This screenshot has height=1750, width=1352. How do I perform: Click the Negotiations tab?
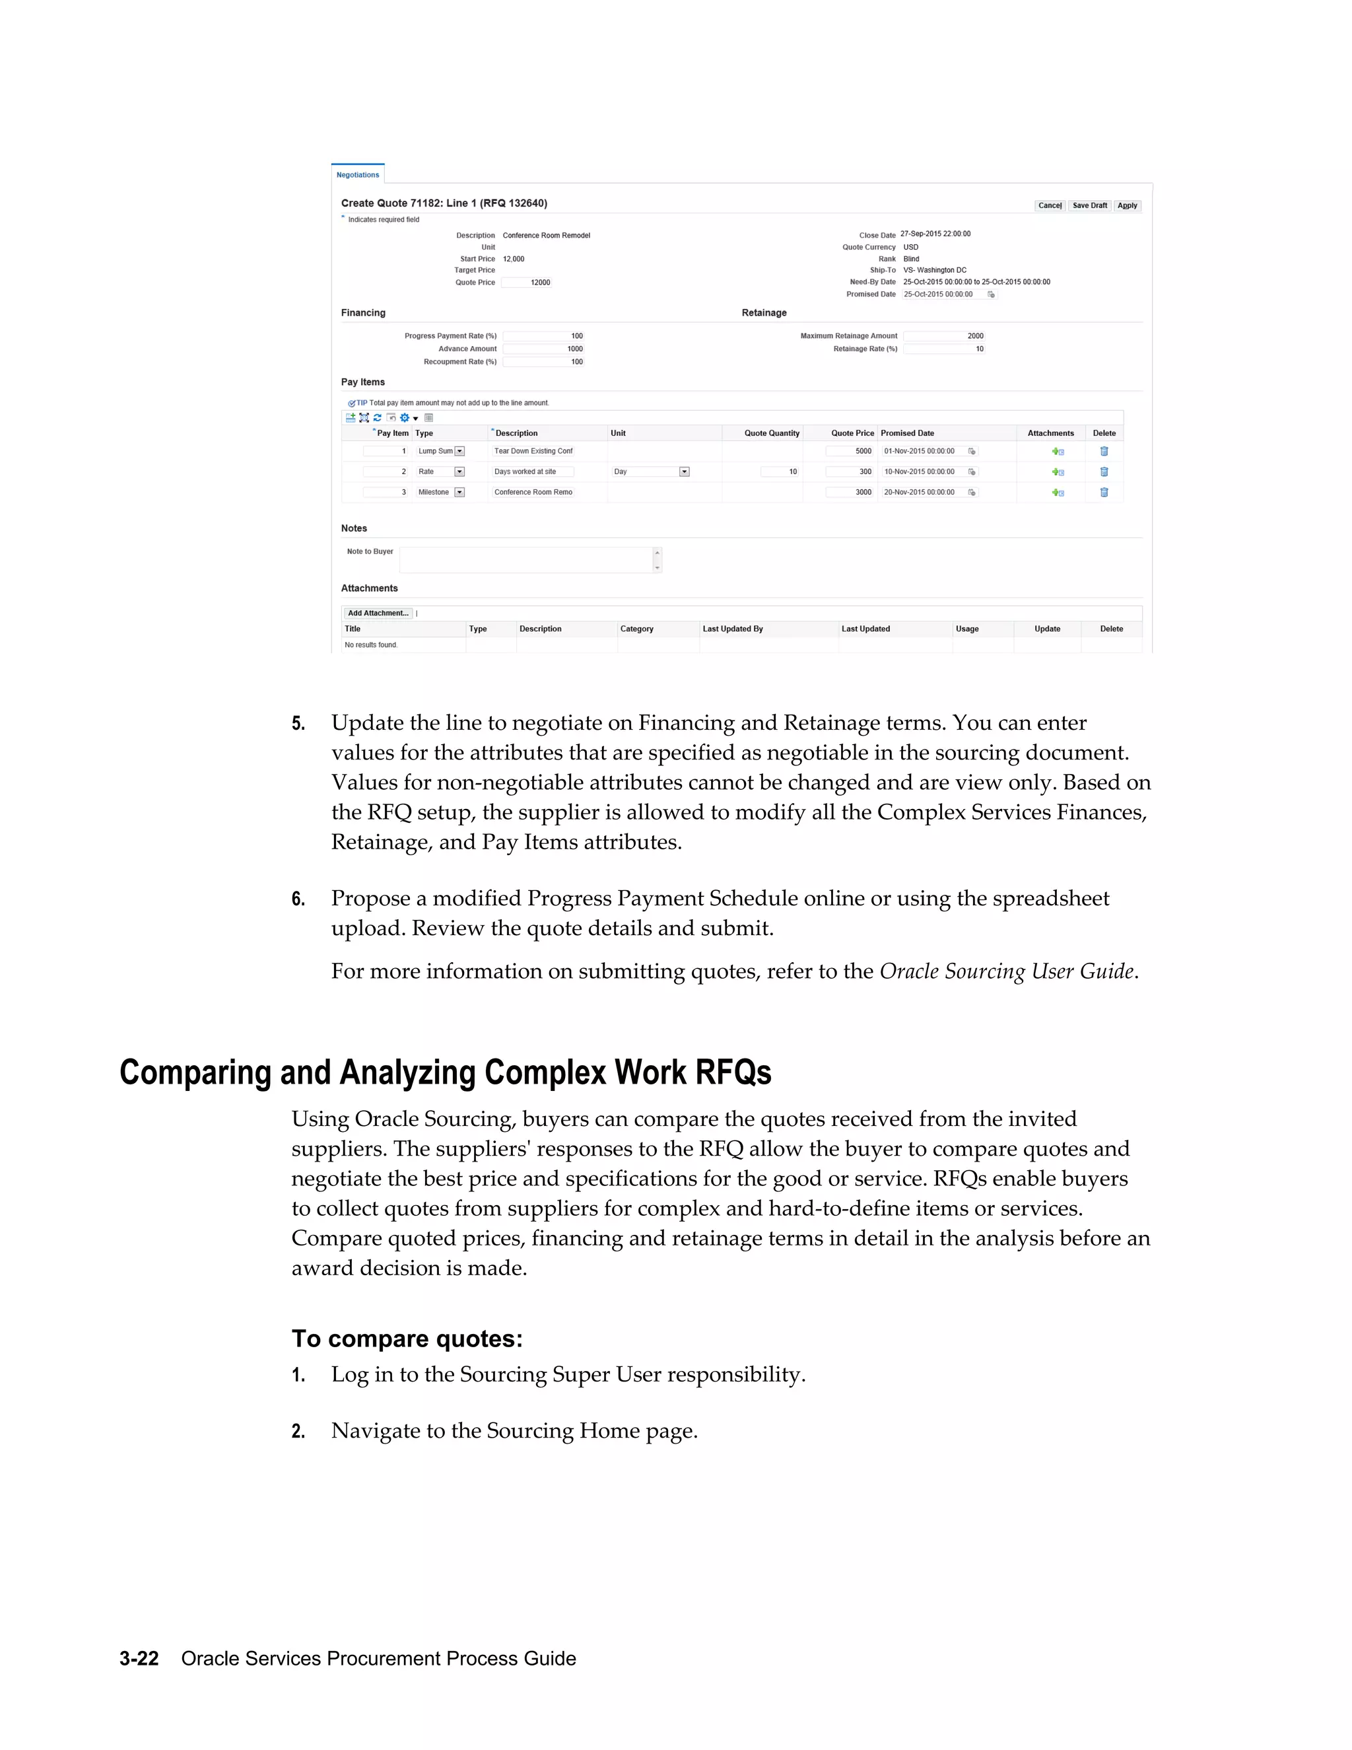click(x=357, y=175)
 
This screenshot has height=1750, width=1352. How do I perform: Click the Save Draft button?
click(x=1089, y=206)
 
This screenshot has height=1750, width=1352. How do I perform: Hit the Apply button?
click(x=1127, y=206)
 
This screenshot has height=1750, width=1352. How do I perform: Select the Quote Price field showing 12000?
click(x=527, y=283)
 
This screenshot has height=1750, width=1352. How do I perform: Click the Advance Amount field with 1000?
click(x=544, y=349)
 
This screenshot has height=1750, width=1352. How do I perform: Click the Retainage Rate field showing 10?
click(x=943, y=349)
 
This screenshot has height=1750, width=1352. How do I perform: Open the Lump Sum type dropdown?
click(x=459, y=451)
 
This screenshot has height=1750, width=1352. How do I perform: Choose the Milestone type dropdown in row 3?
click(x=459, y=493)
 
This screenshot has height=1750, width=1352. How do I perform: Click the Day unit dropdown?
click(x=684, y=472)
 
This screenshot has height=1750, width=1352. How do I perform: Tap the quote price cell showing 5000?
click(x=850, y=451)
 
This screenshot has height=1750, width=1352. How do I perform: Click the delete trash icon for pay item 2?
click(x=1104, y=472)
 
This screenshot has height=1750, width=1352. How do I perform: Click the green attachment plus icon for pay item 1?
click(x=1058, y=452)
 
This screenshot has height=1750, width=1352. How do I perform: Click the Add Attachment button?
click(x=378, y=613)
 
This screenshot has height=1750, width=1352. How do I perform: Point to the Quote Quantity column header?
click(x=771, y=433)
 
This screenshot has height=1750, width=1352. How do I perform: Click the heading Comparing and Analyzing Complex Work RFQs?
click(x=446, y=1072)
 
